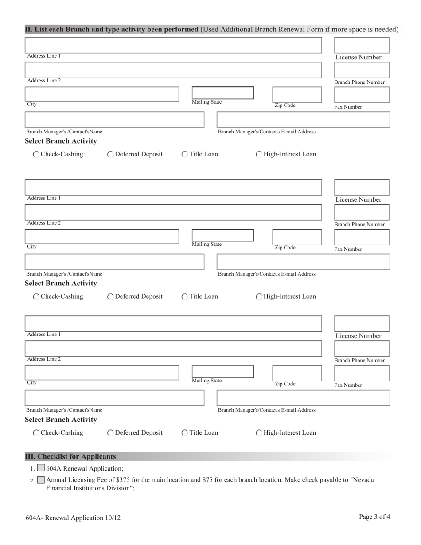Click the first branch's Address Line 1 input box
coord(173,46)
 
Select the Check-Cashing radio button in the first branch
coord(36,155)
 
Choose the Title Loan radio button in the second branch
coord(185,297)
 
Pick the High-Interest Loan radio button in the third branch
coord(259,433)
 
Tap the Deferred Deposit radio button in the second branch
coord(110,297)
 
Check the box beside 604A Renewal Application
coord(41,468)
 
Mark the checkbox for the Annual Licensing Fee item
coord(41,480)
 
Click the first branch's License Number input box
coord(361,45)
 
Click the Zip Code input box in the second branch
coord(296,237)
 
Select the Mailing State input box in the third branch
coord(222,371)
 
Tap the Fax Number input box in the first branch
coord(361,95)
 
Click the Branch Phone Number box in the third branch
coord(361,349)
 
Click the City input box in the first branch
coord(101,94)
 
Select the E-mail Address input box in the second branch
coord(303,262)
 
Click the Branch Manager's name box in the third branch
coord(114,398)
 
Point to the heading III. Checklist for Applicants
coord(70,456)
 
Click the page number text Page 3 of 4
coord(374,517)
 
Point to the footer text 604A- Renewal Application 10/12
coord(73,518)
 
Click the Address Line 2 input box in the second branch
coord(173,213)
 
